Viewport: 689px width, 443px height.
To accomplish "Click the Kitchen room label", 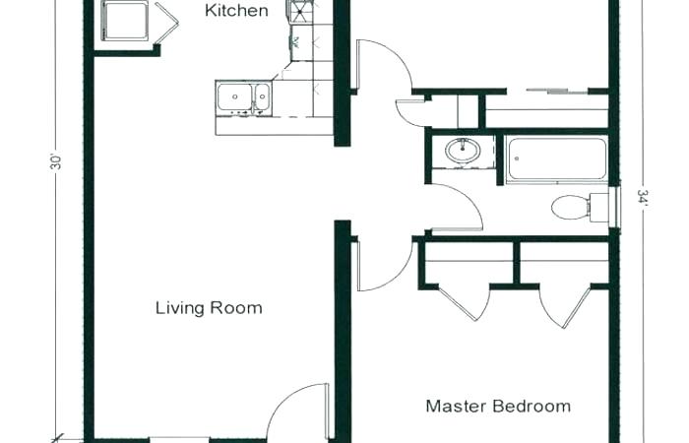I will [x=236, y=11].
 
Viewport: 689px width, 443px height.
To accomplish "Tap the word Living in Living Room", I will [x=178, y=308].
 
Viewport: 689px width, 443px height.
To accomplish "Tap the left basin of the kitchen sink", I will [x=233, y=97].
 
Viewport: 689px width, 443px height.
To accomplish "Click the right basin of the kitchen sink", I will [x=261, y=97].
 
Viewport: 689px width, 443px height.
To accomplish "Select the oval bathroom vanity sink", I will [x=460, y=152].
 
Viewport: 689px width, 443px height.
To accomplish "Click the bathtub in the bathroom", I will [x=556, y=159].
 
